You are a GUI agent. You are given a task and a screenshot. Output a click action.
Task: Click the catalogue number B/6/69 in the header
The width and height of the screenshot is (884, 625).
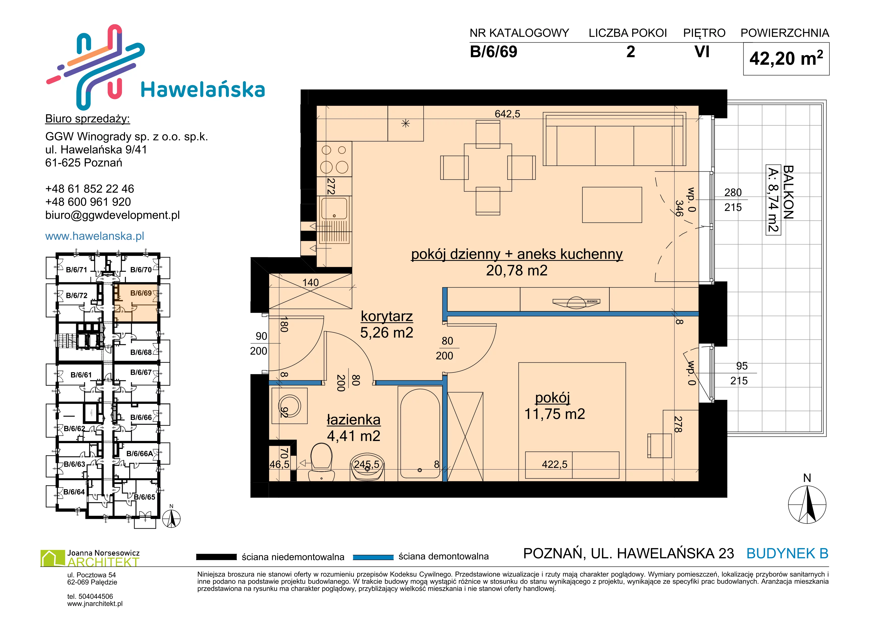point(494,52)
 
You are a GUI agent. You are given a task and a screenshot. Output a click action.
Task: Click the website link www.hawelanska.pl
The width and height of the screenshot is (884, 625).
point(95,236)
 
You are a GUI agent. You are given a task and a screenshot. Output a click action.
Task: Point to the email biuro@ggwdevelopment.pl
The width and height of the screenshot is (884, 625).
point(112,215)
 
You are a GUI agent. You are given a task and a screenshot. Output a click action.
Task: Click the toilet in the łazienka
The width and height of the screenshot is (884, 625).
point(321,462)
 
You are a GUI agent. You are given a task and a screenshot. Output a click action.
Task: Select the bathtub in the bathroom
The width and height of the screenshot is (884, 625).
point(420,434)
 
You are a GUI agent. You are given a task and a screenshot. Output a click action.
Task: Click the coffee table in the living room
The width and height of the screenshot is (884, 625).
point(612,205)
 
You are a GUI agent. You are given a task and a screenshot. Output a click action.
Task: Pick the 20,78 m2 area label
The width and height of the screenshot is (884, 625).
point(517,271)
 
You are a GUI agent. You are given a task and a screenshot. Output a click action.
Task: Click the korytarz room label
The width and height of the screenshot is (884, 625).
point(387,316)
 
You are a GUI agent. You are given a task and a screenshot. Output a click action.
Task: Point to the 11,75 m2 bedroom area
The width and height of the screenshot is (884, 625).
point(555,414)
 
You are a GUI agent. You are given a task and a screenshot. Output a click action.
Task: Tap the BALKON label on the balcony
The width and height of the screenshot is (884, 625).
point(788,193)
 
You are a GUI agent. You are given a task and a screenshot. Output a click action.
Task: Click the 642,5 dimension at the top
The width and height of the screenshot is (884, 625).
point(507,114)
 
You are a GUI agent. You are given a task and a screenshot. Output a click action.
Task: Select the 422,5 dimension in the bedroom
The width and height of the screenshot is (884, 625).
point(555,464)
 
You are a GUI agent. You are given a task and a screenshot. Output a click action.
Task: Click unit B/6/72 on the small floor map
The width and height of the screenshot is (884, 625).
point(77,296)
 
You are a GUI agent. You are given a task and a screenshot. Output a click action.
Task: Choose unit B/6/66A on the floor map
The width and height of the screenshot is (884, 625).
point(140,454)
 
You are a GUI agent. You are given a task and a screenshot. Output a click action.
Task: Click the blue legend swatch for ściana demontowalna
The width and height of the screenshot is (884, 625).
point(373,557)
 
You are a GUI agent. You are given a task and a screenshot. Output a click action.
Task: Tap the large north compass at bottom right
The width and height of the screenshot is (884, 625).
point(807,504)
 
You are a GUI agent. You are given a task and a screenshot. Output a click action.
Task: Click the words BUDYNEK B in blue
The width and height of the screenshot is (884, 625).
point(787,553)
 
